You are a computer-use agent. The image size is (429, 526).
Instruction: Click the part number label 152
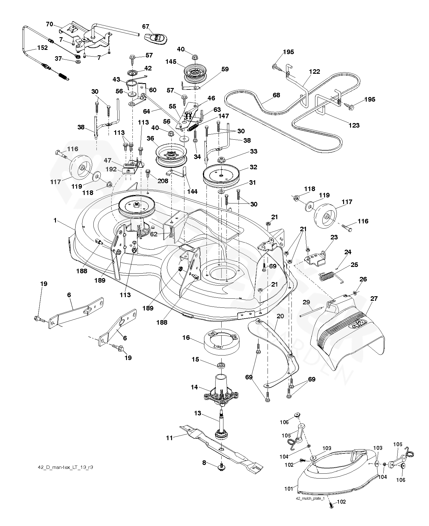point(43,48)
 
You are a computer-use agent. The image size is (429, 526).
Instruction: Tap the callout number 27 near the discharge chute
point(374,299)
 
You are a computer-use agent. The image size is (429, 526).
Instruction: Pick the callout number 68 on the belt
point(276,95)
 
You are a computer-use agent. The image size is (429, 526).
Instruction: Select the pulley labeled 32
point(221,176)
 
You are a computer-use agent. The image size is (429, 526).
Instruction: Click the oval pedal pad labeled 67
point(156,38)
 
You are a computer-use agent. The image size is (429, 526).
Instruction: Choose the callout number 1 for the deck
point(55,221)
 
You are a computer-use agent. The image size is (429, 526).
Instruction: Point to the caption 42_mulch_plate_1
point(310,498)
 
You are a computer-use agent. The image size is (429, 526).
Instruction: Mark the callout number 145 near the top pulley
point(171,61)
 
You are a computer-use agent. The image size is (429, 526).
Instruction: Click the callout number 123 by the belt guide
point(354,125)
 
